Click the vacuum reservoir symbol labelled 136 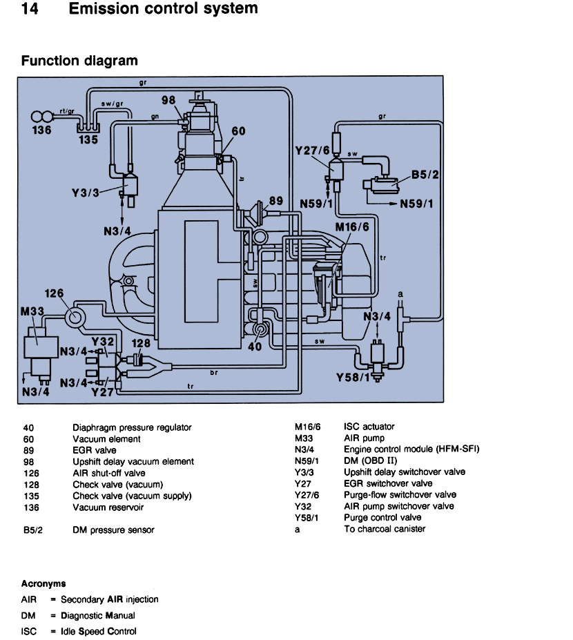tap(41, 117)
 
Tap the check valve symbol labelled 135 tap(88, 128)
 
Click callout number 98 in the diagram tap(168, 100)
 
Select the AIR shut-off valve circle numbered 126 tap(75, 317)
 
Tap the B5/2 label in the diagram tap(425, 175)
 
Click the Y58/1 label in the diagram tap(353, 378)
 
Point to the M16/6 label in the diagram tap(352, 227)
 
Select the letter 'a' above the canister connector tap(400, 294)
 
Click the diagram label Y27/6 tap(312, 151)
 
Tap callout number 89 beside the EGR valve tap(276, 201)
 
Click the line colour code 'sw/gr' tap(112, 104)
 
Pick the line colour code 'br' tap(214, 372)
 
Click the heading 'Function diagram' tap(79, 61)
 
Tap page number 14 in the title tap(30, 8)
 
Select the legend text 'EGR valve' tap(95, 450)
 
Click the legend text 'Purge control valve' tap(382, 518)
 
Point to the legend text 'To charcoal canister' tap(385, 529)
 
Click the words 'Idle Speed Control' tap(98, 631)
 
